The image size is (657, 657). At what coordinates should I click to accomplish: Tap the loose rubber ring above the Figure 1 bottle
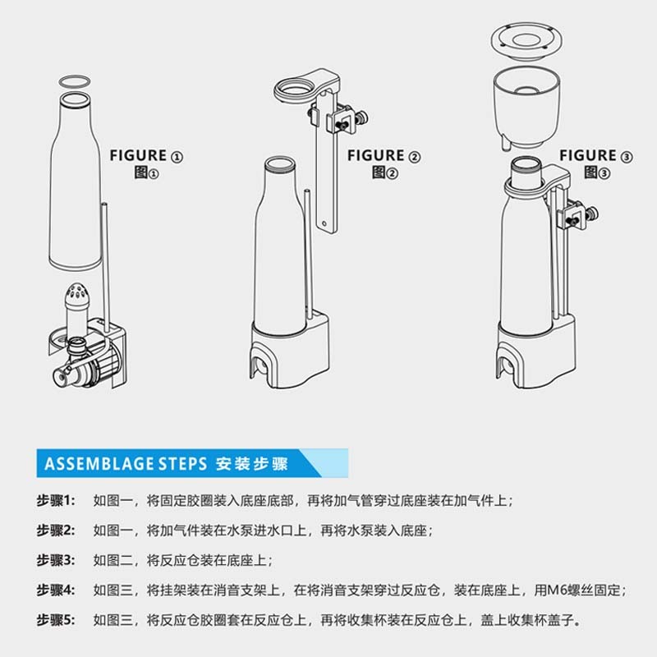[x=76, y=79]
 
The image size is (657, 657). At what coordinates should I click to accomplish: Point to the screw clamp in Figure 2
[x=346, y=123]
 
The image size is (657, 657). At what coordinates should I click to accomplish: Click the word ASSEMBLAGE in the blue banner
[x=94, y=463]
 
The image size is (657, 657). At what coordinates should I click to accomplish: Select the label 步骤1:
[x=56, y=500]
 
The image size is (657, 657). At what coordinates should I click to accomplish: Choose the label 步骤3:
[x=56, y=560]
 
